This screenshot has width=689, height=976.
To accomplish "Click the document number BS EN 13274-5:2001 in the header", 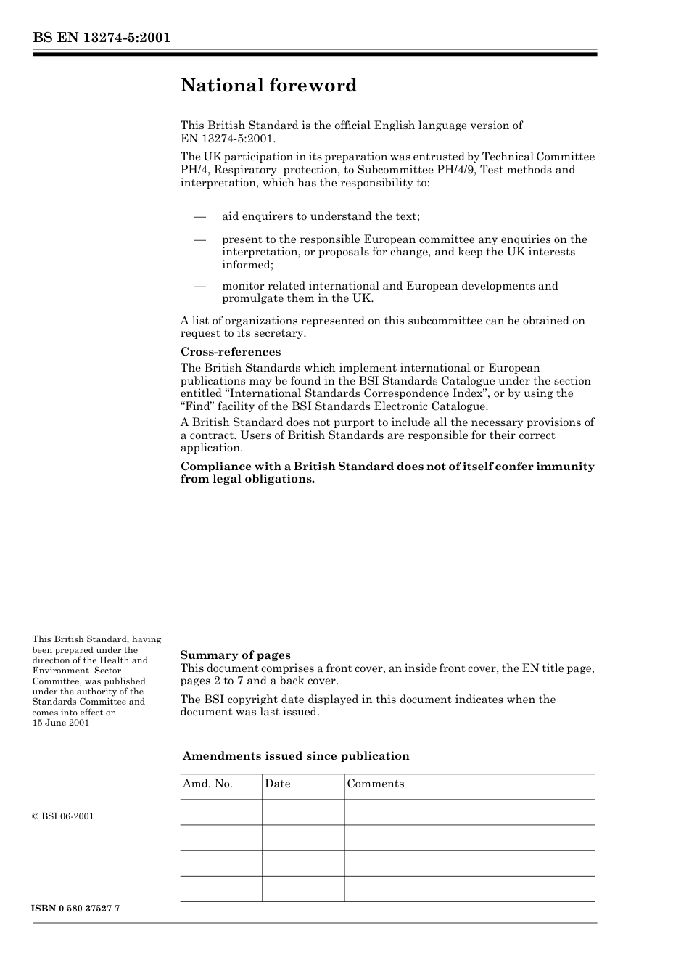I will (x=102, y=38).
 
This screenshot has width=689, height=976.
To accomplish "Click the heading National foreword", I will (x=269, y=86).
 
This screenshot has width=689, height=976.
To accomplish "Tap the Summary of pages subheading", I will (x=235, y=655).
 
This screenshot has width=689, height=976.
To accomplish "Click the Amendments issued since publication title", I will (x=296, y=756).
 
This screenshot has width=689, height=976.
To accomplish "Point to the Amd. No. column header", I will (x=208, y=784).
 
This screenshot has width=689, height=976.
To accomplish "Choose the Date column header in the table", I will (x=278, y=784).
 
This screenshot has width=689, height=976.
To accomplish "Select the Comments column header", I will (x=376, y=784).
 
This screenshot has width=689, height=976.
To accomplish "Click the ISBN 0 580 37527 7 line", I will (x=76, y=909).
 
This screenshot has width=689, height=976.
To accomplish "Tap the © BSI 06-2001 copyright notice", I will (x=63, y=816).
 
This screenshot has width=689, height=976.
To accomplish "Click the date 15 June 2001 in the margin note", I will (x=61, y=723).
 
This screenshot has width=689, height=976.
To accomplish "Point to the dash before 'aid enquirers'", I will (x=200, y=216).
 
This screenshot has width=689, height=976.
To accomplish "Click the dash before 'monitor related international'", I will (x=200, y=286).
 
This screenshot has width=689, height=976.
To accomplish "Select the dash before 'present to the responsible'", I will (x=200, y=239).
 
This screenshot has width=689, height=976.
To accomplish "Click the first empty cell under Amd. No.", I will (x=221, y=812).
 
